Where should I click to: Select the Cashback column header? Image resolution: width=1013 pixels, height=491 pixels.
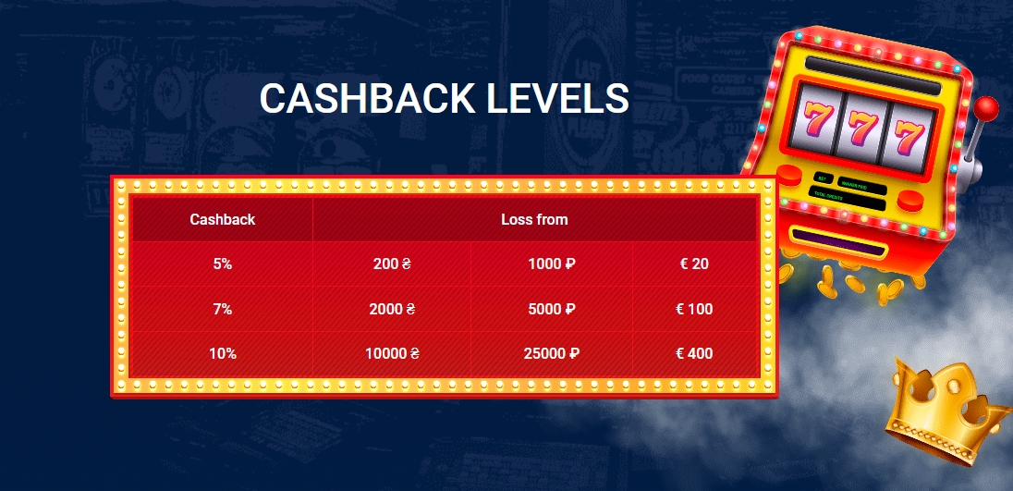223,220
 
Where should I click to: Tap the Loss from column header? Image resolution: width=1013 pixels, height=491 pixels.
534,220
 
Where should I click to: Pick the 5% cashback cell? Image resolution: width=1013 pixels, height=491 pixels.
223,264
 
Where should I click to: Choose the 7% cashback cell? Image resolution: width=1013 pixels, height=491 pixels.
223,309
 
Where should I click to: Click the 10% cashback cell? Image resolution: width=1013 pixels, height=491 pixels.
223,353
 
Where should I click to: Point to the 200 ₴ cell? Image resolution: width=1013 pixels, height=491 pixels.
392,264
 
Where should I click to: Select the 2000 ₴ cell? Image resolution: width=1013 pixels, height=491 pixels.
392,309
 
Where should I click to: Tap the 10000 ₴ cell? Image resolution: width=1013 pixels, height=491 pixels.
392,353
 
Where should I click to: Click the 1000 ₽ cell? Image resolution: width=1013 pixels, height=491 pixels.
552,264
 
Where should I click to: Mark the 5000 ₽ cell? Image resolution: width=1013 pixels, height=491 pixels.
552,309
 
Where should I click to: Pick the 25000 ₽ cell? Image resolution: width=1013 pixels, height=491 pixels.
552,353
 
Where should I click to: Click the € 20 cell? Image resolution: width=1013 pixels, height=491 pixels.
694,264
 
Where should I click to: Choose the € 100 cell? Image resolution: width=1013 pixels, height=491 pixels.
694,309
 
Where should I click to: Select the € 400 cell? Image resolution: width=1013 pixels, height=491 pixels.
694,353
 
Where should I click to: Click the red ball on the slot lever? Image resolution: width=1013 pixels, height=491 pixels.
987,107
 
